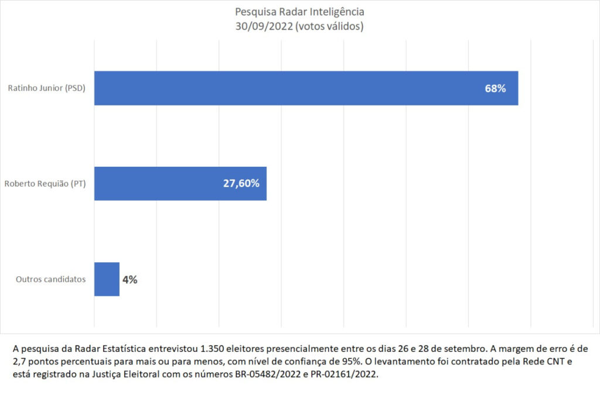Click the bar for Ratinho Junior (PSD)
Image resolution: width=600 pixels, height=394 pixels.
pos(306,88)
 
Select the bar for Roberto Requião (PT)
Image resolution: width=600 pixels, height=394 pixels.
pos(180,183)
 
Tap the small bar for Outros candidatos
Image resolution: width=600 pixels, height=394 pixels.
pos(107,279)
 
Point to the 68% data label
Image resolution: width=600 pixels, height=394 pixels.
pos(495,89)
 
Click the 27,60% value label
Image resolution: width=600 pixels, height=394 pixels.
pos(241,183)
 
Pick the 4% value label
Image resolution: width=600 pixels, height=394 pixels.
pos(129,280)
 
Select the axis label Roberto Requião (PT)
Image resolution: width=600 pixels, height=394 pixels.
pos(45,184)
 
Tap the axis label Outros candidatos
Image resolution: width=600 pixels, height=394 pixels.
pos(50,279)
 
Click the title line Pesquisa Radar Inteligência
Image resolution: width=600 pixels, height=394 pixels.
pos(299,12)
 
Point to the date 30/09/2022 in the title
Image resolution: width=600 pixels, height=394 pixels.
pos(262,27)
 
